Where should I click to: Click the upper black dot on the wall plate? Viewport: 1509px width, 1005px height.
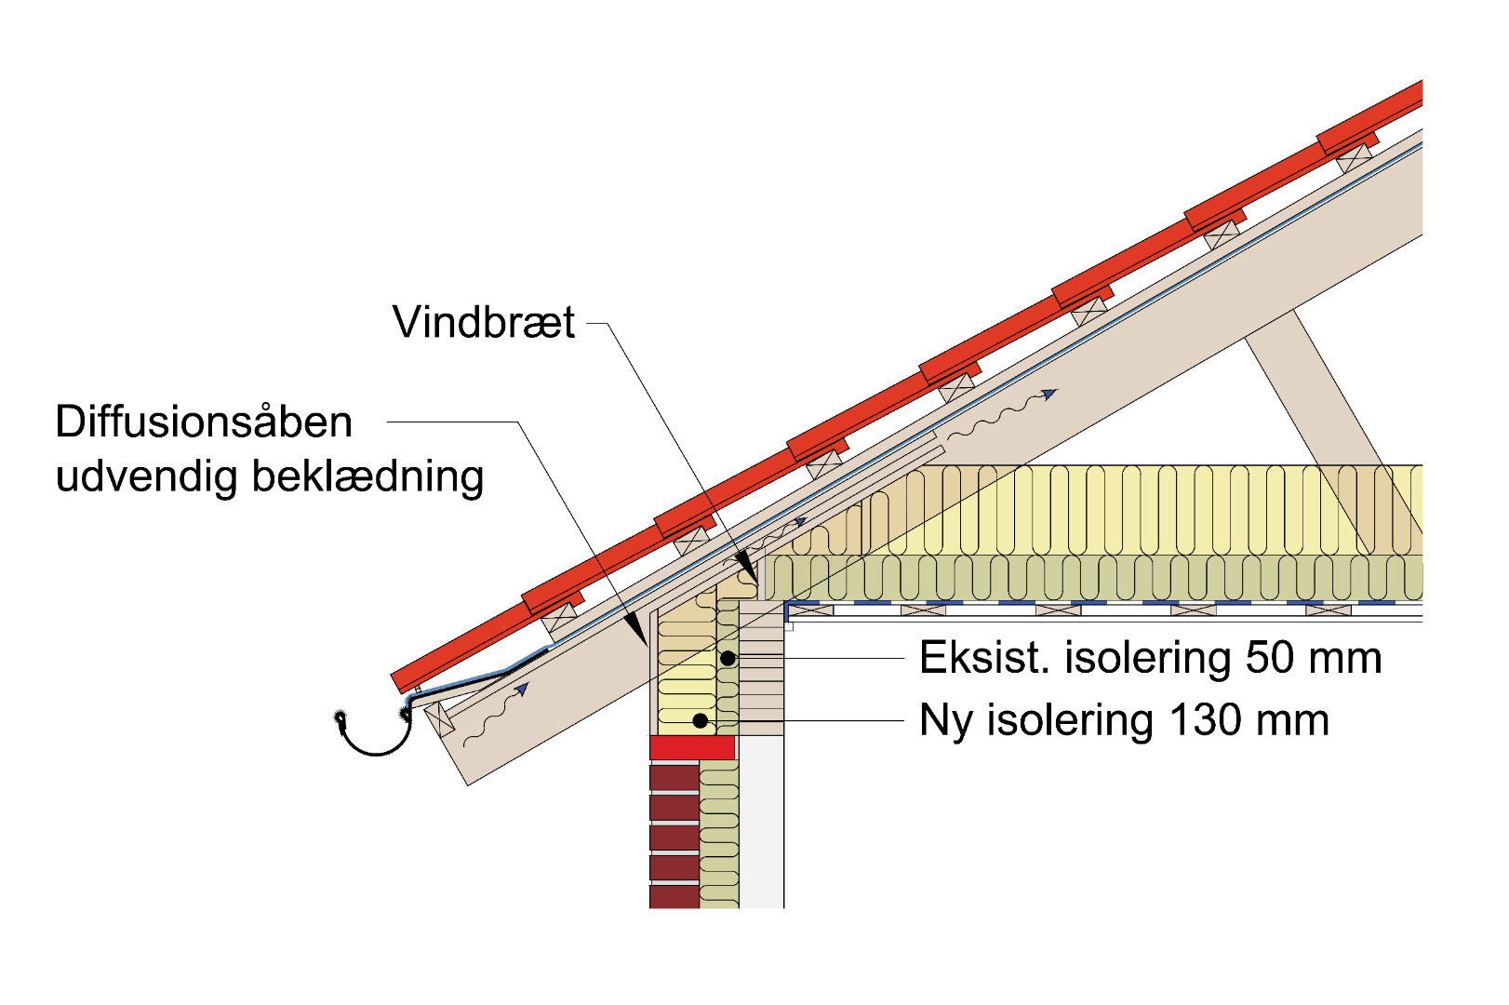pos(728,659)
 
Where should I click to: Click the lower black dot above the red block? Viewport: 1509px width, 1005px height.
pos(701,721)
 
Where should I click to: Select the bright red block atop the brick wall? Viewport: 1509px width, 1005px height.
pos(692,748)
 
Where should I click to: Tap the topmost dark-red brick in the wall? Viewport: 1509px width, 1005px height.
pos(674,778)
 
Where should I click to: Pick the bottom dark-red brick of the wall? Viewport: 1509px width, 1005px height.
pos(674,897)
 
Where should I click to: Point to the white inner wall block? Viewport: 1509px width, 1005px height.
pos(761,824)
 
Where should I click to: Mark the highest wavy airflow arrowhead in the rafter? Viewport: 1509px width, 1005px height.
pos(1050,394)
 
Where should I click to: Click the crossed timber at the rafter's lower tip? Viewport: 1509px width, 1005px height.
pos(439,718)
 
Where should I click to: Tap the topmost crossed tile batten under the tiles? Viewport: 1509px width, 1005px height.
pos(1356,158)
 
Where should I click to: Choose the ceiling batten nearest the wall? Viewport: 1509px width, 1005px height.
pos(808,610)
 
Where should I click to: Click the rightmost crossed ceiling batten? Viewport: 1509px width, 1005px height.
pos(1329,610)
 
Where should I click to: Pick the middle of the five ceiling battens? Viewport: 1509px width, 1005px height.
pos(1058,610)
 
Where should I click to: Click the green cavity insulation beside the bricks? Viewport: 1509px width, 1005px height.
pos(719,837)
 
